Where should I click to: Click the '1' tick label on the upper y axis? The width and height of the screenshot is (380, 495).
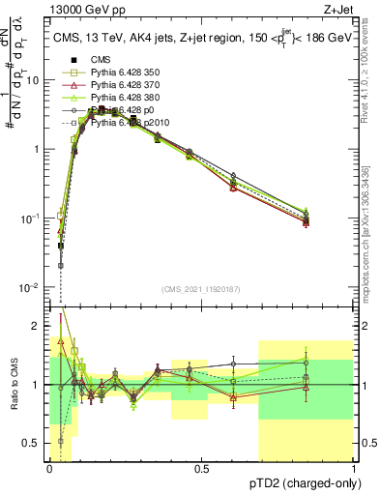click(38, 149)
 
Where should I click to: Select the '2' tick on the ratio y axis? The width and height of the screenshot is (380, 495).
click(38, 325)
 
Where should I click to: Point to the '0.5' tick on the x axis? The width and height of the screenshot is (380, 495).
click(201, 470)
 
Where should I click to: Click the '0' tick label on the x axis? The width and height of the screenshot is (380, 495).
click(48, 470)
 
